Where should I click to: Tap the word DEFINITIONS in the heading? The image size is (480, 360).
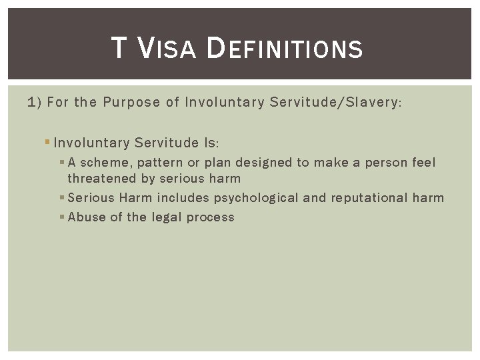(x=285, y=49)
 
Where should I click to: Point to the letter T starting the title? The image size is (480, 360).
(x=118, y=49)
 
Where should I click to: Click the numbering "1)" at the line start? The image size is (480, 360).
(x=35, y=103)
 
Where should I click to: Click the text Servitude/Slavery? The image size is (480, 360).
(x=333, y=103)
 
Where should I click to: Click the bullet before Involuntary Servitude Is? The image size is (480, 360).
(x=47, y=143)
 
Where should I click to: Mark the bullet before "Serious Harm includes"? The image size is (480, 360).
(x=62, y=198)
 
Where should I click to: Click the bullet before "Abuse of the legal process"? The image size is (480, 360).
(x=62, y=217)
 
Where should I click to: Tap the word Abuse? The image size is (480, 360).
(x=85, y=217)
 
